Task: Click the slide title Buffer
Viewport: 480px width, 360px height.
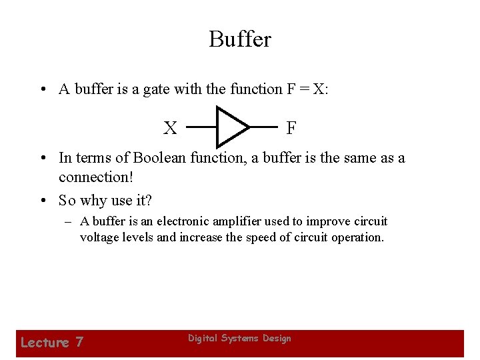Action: [x=240, y=39]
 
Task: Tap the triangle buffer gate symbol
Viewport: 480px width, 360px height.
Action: [x=230, y=126]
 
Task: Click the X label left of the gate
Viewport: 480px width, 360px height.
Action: [x=171, y=128]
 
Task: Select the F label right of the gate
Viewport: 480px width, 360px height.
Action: [x=291, y=127]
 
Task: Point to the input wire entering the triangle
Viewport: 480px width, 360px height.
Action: [x=201, y=126]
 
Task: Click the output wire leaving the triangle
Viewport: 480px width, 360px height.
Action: [x=263, y=126]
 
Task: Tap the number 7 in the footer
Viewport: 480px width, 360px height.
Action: [x=79, y=343]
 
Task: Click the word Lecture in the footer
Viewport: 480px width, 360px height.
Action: [x=45, y=343]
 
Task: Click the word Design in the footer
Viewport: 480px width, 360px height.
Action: [x=277, y=339]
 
